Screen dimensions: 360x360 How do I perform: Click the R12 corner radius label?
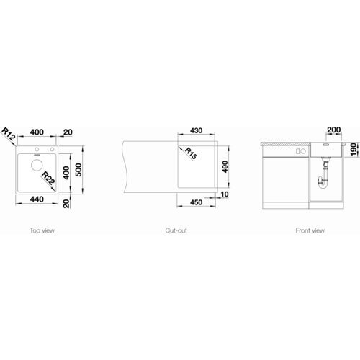pos(9,134)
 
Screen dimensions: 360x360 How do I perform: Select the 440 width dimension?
pos(37,199)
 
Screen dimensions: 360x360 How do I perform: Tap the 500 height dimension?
pos(78,170)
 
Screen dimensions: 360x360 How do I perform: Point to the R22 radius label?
pos(48,178)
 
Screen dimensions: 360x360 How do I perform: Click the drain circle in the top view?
pos(37,165)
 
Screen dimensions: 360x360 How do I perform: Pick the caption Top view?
pos(42,230)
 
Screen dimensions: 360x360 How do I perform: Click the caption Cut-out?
pos(176,230)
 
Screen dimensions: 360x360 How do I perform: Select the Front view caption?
pos(310,230)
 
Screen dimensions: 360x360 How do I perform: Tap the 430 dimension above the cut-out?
pos(196,130)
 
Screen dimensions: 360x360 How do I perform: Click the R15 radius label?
pos(191,153)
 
